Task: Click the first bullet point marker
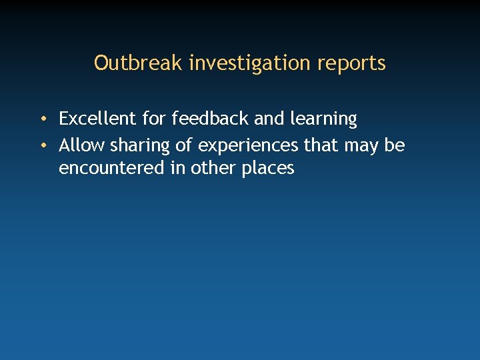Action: tap(42, 120)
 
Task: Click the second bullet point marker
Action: tap(42, 145)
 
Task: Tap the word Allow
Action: tap(81, 145)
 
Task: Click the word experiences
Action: tap(249, 145)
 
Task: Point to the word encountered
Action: tap(112, 168)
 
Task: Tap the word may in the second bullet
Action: tap(361, 146)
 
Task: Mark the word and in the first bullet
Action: tap(269, 119)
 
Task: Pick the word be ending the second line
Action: tap(395, 145)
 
